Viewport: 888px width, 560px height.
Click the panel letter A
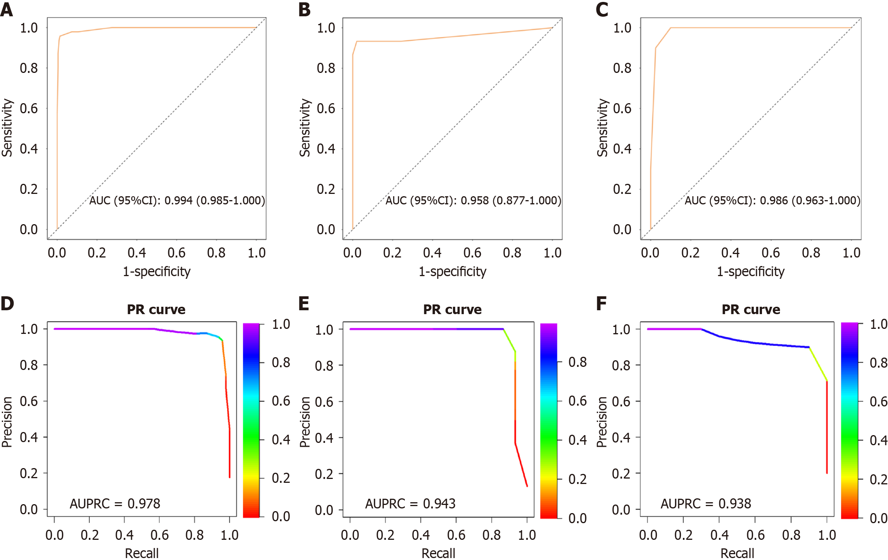pyautogui.click(x=7, y=10)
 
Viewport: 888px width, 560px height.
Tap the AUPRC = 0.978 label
pyautogui.click(x=115, y=503)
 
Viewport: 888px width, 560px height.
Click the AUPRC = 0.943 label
pyautogui.click(x=410, y=503)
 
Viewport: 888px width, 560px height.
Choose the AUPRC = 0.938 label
pyautogui.click(x=706, y=503)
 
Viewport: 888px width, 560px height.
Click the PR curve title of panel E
pyautogui.click(x=452, y=309)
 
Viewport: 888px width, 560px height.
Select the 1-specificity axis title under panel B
pyautogui.click(x=452, y=271)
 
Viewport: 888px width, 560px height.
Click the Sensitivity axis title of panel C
pyautogui.click(x=602, y=128)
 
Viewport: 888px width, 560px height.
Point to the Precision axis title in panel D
pyautogui.click(x=7, y=422)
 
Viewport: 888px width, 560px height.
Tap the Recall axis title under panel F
pyautogui.click(x=737, y=553)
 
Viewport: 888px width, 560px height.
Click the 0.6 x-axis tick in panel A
pyautogui.click(x=176, y=253)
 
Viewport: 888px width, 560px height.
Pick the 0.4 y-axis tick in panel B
pyautogui.click(x=326, y=149)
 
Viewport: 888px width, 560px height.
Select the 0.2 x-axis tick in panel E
pyautogui.click(x=385, y=535)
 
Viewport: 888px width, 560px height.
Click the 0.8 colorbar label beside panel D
pyautogui.click(x=281, y=363)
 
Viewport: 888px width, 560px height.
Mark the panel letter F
pyautogui.click(x=601, y=304)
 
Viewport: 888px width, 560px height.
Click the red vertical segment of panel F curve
pyautogui.click(x=827, y=427)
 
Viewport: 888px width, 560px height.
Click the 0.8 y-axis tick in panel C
pyautogui.click(x=622, y=68)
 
